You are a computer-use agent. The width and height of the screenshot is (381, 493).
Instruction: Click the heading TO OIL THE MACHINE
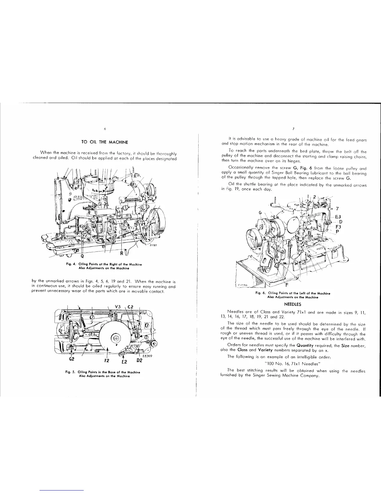(x=105, y=142)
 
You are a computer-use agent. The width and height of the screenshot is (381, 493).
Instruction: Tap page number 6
(x=105, y=129)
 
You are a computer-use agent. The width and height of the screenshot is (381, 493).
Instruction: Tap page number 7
(x=294, y=129)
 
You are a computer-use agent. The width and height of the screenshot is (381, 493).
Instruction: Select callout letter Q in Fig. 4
(x=82, y=256)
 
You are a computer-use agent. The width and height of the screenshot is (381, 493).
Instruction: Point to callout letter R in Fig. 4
(x=122, y=253)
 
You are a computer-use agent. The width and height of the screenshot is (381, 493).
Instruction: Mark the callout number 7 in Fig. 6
(x=337, y=209)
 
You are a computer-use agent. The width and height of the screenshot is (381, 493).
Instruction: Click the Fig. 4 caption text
(x=104, y=266)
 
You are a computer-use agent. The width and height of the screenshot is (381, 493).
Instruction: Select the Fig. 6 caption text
(x=293, y=295)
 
